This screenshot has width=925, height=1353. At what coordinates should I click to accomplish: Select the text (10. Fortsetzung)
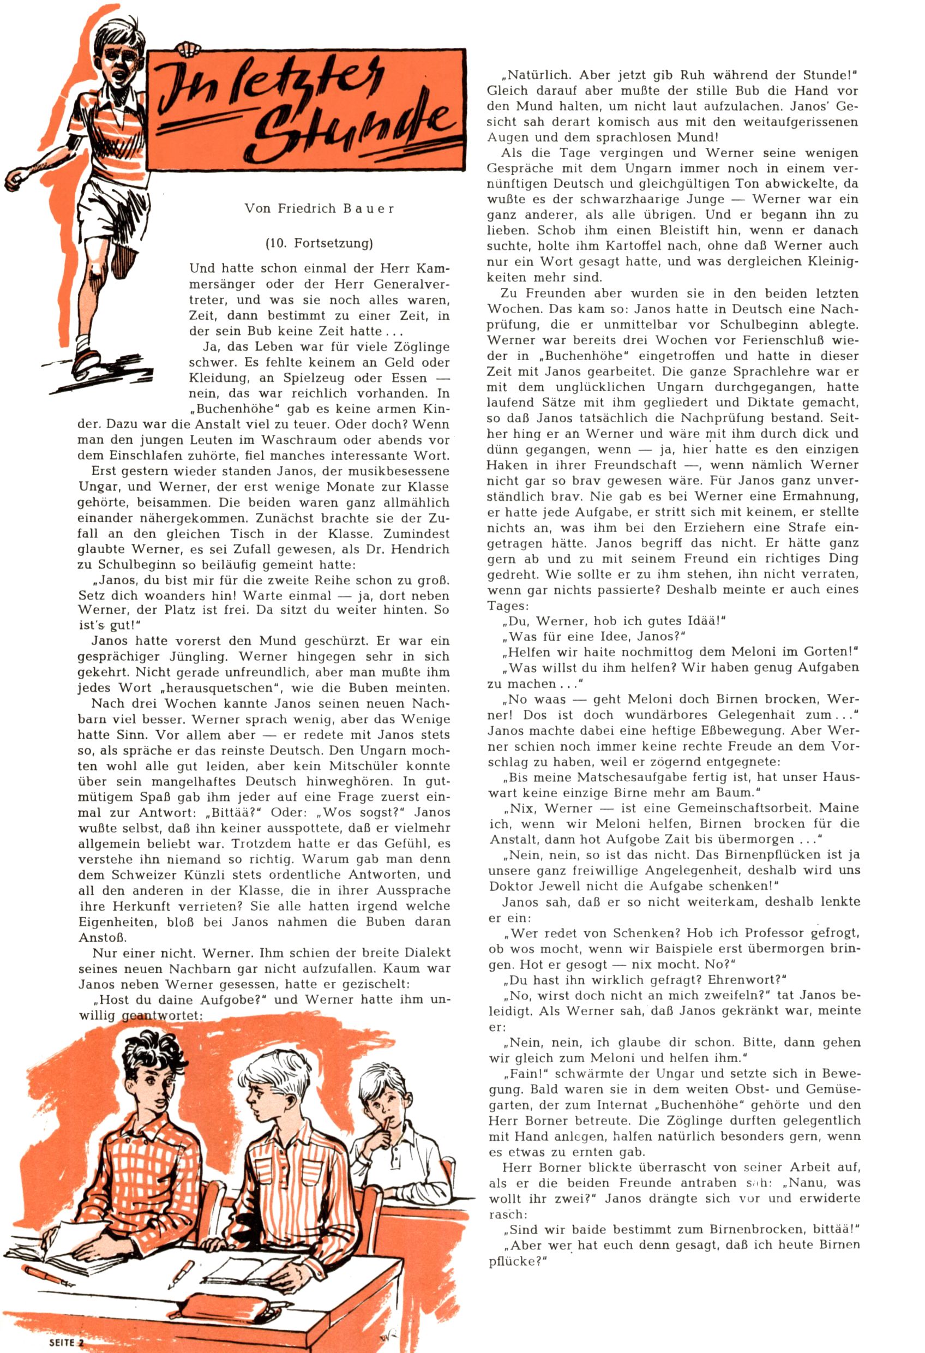[319, 243]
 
